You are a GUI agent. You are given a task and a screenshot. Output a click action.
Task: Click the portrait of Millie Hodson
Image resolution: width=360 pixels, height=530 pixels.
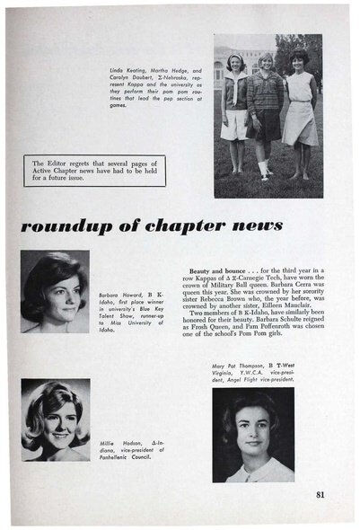click(55, 420)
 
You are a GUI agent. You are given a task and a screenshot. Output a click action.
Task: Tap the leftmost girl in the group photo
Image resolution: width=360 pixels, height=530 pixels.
click(236, 108)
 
